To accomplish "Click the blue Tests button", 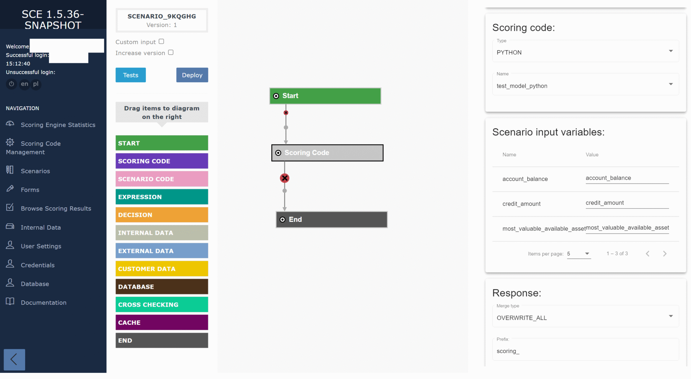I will pos(130,75).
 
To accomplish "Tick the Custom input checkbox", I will pos(161,42).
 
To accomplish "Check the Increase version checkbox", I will pos(171,52).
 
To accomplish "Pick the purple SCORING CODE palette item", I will pos(162,161).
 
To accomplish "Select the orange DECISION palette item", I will pos(162,215).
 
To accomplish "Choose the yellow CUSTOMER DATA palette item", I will pos(162,269).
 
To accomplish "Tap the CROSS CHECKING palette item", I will pos(162,305).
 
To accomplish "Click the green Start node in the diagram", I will pos(325,96).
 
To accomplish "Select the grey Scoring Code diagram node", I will pos(327,153).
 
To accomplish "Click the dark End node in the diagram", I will pos(331,219).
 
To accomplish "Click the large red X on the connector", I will pos(285,178).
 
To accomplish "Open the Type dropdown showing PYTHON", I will pos(585,52).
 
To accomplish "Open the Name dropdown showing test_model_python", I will pos(585,86).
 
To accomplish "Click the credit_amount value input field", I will pos(627,203).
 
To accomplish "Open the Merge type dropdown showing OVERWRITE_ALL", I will pos(585,318).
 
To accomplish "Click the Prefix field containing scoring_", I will pos(585,351).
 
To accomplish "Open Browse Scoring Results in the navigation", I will pos(56,209).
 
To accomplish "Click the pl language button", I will pos(36,84).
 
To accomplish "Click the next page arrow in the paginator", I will pos(665,254).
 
